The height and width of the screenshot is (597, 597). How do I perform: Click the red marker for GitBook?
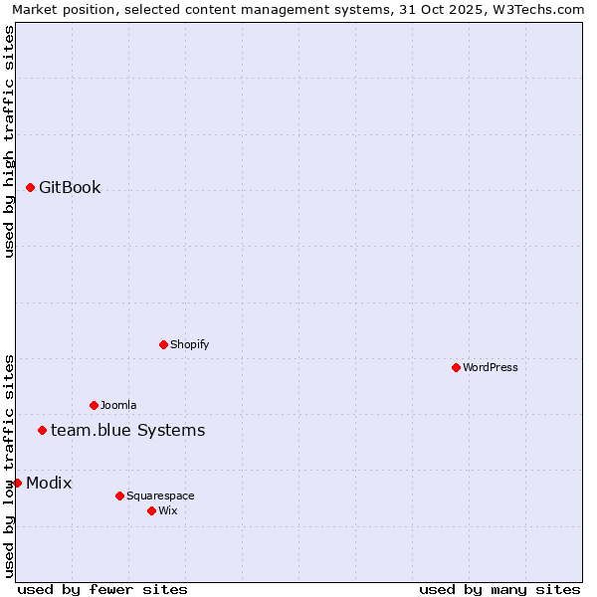pos(30,187)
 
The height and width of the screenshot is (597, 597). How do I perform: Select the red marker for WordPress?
pos(456,367)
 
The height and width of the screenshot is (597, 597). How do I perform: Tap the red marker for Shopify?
pos(163,344)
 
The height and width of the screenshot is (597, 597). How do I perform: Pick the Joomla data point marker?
pos(94,405)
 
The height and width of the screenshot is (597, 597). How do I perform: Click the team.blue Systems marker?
pos(42,430)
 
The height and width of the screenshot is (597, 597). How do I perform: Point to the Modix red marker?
pos(17,483)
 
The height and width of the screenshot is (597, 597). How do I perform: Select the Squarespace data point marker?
pos(119,496)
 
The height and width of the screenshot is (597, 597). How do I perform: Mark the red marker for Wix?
pos(151,510)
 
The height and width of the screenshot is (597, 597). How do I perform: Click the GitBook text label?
pos(70,187)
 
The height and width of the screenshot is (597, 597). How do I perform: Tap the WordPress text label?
pos(491,367)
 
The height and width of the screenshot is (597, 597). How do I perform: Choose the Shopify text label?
pos(189,344)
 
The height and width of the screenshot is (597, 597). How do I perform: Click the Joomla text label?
pos(118,405)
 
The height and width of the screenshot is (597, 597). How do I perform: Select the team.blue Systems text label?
pos(127,430)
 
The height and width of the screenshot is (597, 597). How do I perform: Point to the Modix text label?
pos(49,483)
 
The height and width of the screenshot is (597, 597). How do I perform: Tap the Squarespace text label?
pos(160,496)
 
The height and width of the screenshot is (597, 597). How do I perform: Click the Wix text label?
pos(168,510)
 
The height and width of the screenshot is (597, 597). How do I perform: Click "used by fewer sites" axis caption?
pos(102,589)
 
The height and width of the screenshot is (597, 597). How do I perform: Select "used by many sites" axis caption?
pos(499,589)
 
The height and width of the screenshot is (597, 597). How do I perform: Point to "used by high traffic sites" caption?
pos(9,141)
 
